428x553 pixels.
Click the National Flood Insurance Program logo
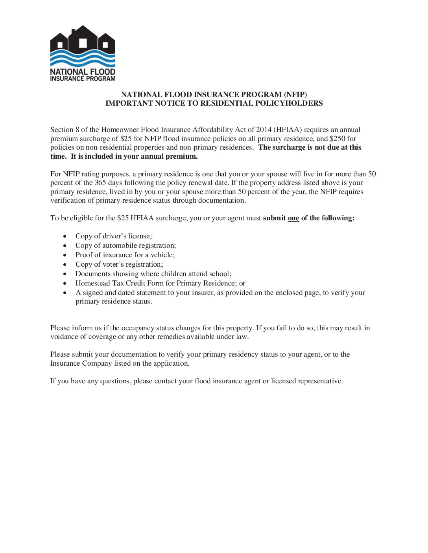83,53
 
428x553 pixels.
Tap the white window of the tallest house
83,43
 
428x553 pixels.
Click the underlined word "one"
293,218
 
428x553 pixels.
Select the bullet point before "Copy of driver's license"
65,236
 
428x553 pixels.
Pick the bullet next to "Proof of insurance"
65,255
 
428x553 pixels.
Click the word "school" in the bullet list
220,274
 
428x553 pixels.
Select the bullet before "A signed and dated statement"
65,293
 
